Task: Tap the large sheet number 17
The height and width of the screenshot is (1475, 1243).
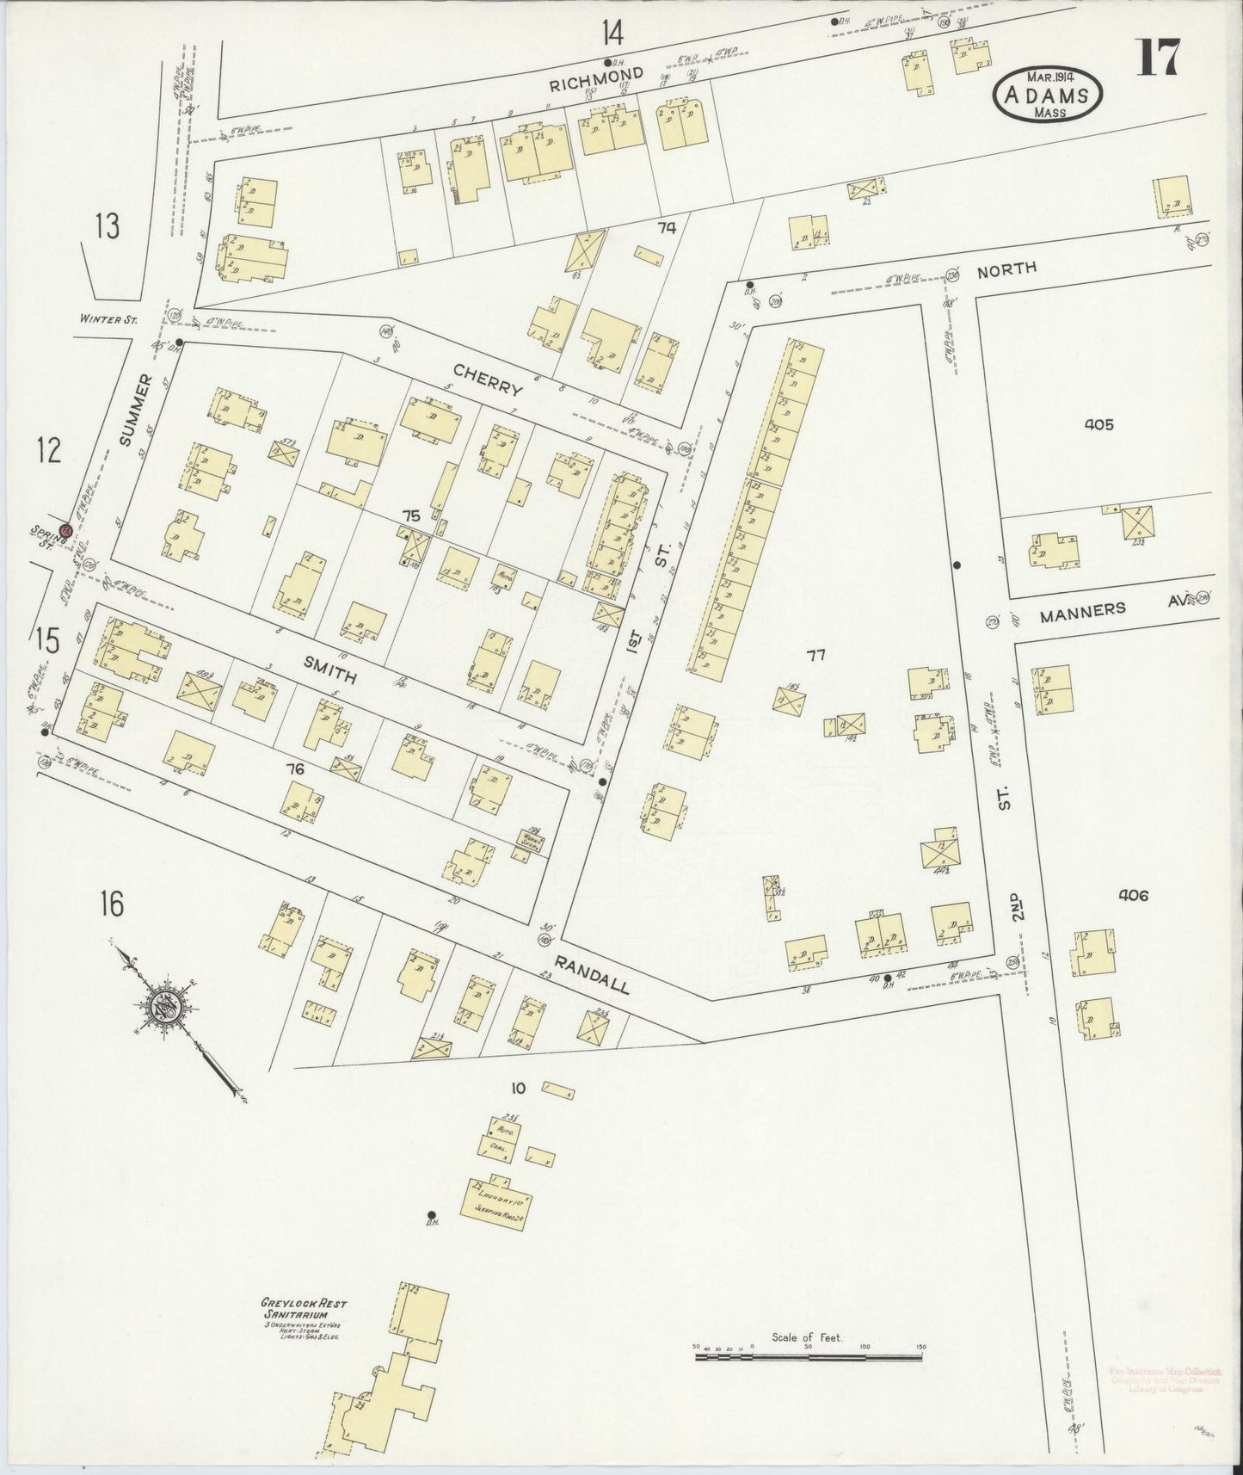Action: pyautogui.click(x=1160, y=59)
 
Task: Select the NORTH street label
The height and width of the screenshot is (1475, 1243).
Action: pyautogui.click(x=1006, y=269)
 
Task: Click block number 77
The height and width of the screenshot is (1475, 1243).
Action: pyautogui.click(x=815, y=656)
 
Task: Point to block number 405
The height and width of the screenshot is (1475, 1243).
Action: pyautogui.click(x=1099, y=424)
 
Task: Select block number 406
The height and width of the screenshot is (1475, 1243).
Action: pyautogui.click(x=1133, y=895)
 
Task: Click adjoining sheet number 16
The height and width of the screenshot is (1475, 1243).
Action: pyautogui.click(x=111, y=904)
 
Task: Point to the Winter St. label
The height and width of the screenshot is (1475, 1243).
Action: pyautogui.click(x=109, y=318)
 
